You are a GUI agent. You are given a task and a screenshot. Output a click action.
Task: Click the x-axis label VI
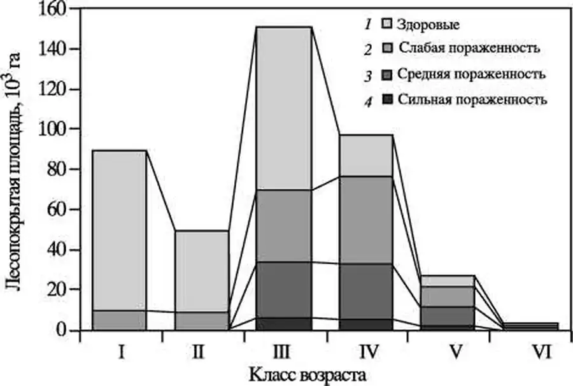[530, 349]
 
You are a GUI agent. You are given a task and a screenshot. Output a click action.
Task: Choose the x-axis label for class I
[120, 349]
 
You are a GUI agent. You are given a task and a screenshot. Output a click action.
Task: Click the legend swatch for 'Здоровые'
[386, 25]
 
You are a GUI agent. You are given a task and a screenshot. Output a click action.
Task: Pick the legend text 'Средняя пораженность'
[472, 74]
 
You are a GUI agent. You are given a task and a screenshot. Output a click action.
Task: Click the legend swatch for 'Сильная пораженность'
[386, 99]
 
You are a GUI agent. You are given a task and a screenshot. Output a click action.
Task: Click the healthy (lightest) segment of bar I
[120, 229]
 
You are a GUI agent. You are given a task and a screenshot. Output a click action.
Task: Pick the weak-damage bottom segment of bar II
[202, 320]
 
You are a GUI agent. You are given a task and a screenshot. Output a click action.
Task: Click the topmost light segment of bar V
[448, 281]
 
